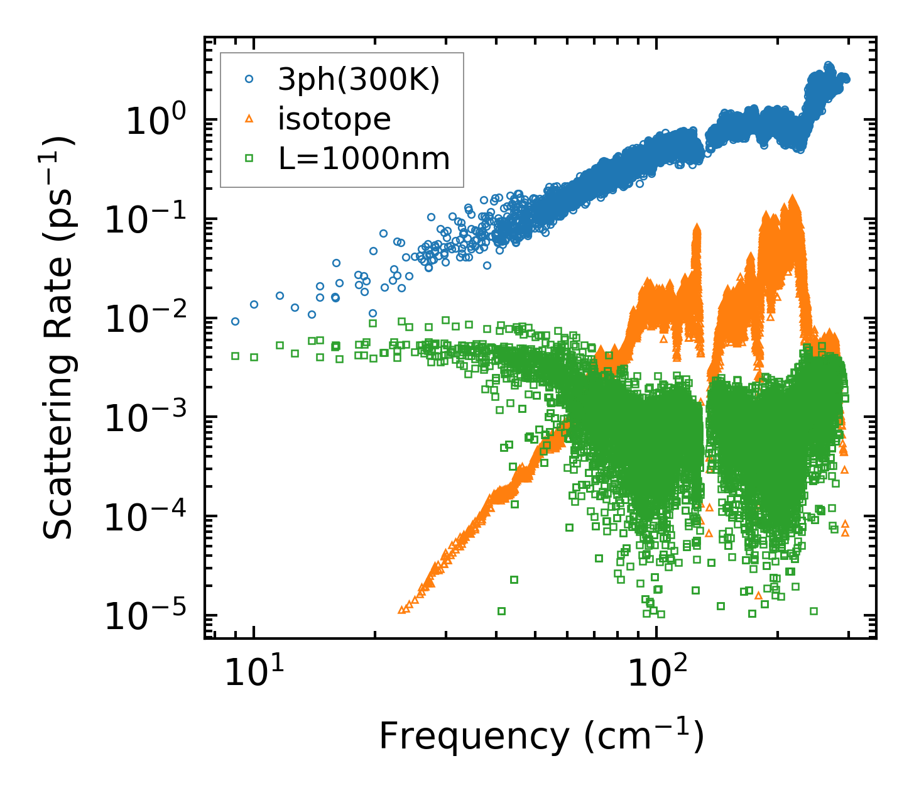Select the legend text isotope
pyautogui.click(x=334, y=119)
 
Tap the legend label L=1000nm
pyautogui.click(x=364, y=159)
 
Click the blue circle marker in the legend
pyautogui.click(x=249, y=79)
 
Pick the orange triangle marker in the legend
pyautogui.click(x=249, y=119)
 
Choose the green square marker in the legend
pyautogui.click(x=249, y=159)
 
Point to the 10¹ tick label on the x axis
pyautogui.click(x=253, y=674)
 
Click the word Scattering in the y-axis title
pyautogui.click(x=58, y=442)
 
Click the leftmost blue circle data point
pyautogui.click(x=235, y=321)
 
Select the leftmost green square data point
pyautogui.click(x=235, y=356)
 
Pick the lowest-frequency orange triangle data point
pyautogui.click(x=401, y=610)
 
